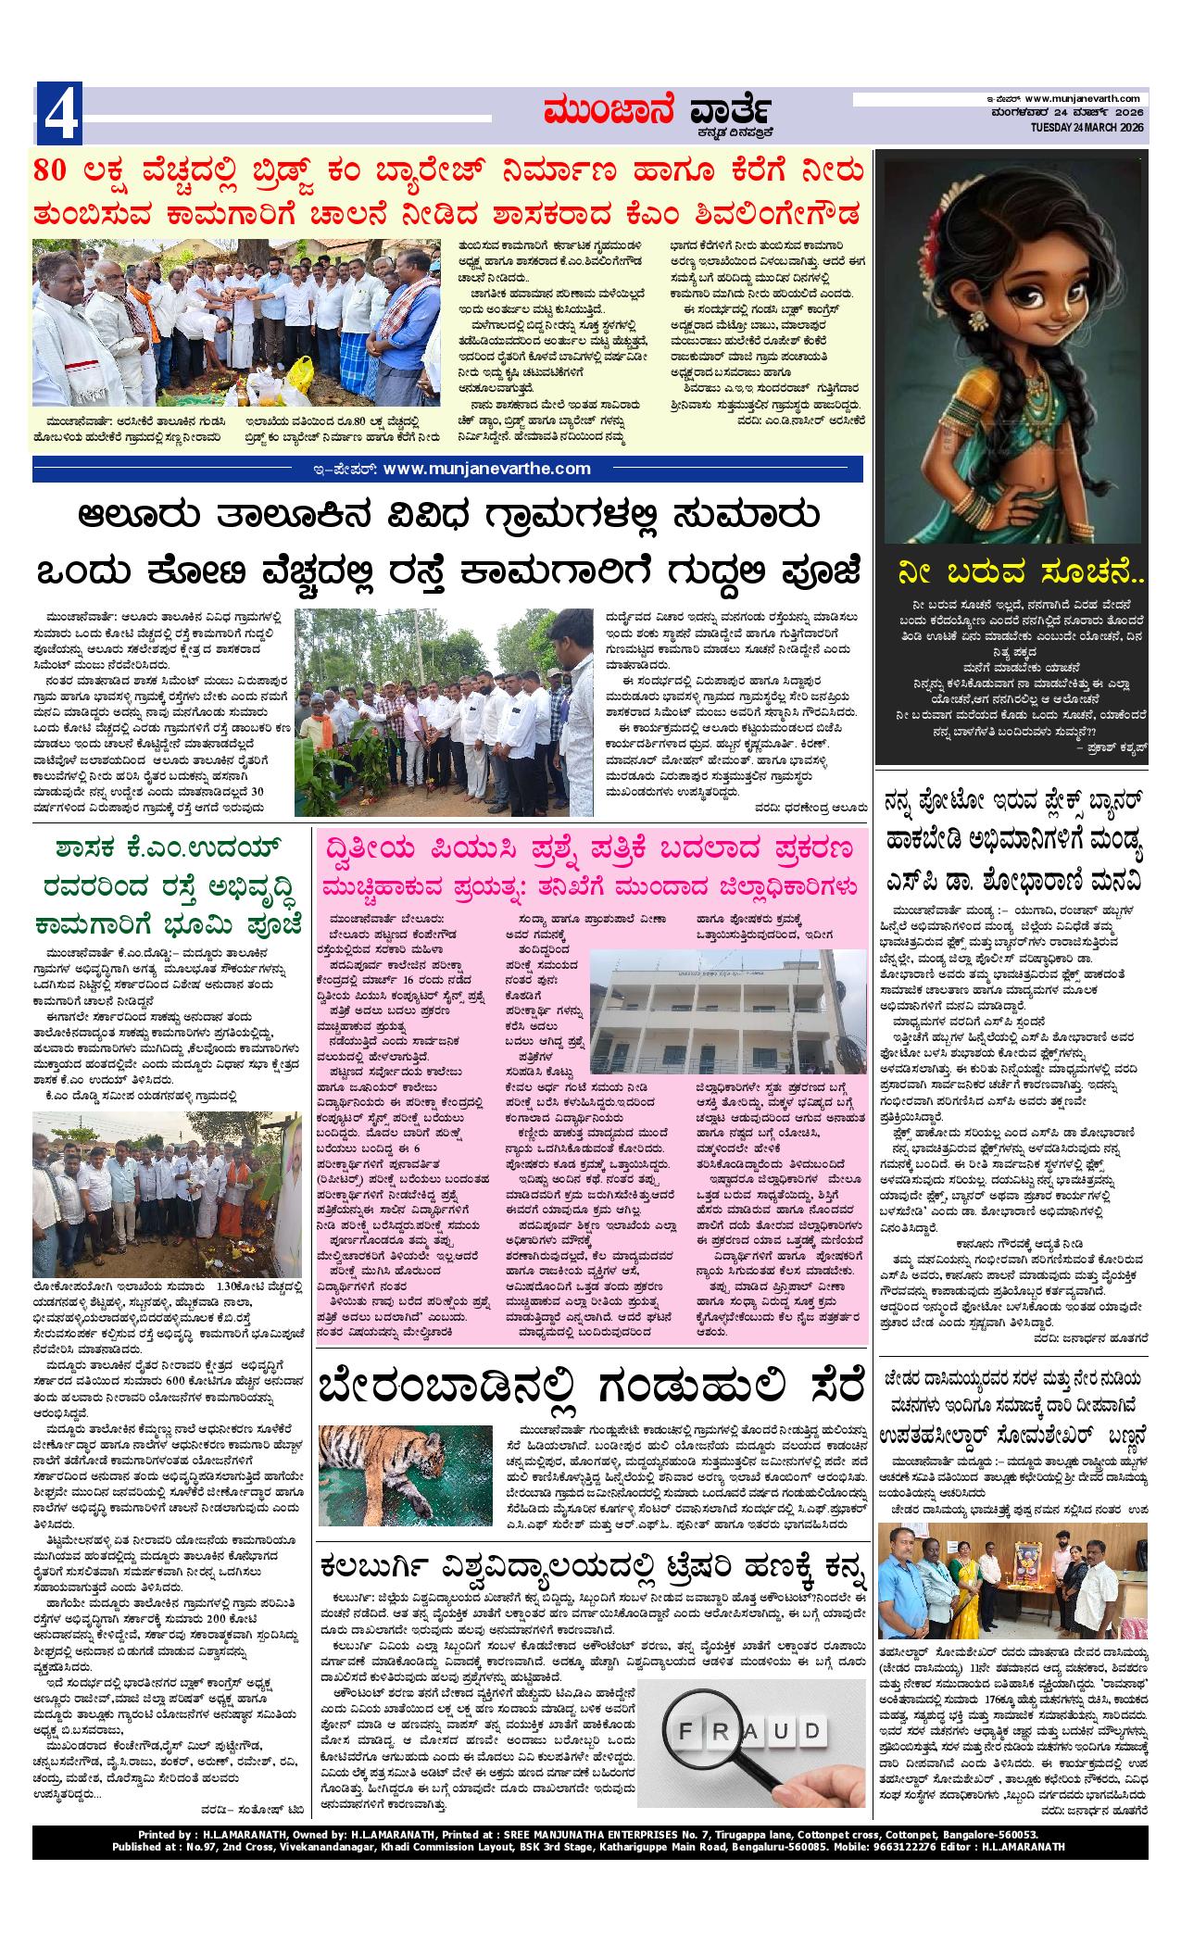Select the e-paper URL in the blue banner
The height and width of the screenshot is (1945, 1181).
(485, 469)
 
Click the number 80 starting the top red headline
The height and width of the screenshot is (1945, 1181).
(54, 171)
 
